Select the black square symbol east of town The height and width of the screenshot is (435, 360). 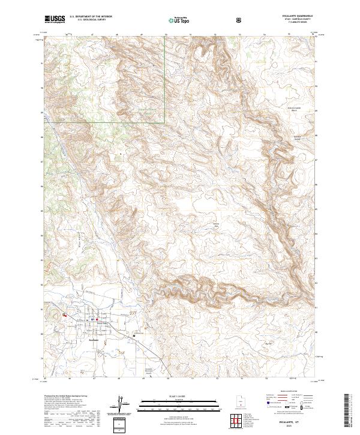[134, 337]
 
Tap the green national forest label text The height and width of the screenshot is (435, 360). [144, 112]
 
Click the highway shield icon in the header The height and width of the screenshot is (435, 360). [240, 20]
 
